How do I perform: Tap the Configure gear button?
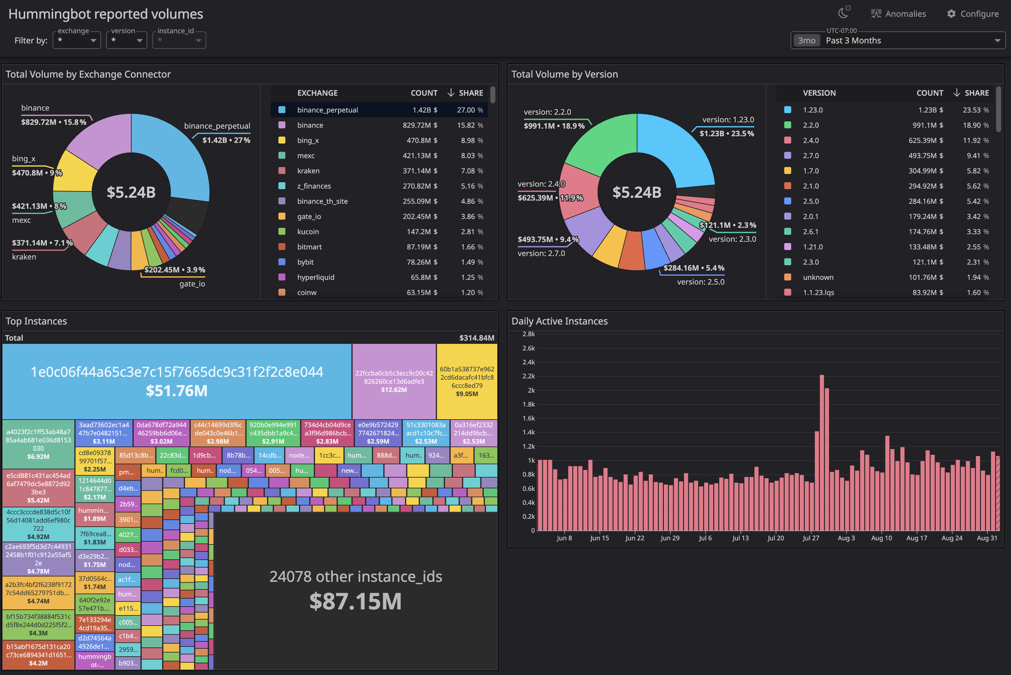click(973, 14)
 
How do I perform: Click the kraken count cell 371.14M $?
click(419, 171)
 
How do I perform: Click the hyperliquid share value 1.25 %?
click(472, 277)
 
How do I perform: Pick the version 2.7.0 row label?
click(811, 155)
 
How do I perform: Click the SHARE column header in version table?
click(976, 93)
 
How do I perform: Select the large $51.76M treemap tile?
click(177, 381)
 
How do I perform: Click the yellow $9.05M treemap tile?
click(467, 381)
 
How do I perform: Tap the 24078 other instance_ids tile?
click(355, 590)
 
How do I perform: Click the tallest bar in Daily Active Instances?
click(822, 452)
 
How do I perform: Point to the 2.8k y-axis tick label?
click(528, 334)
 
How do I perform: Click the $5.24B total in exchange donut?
click(131, 192)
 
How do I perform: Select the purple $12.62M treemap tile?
click(394, 381)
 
